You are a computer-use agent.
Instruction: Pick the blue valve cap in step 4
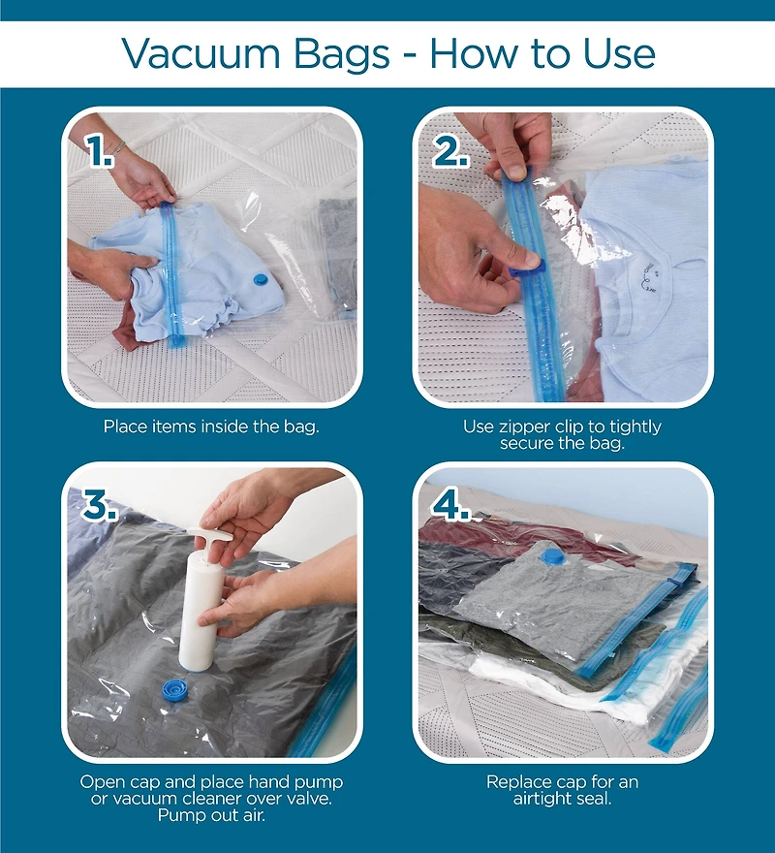coord(550,556)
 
